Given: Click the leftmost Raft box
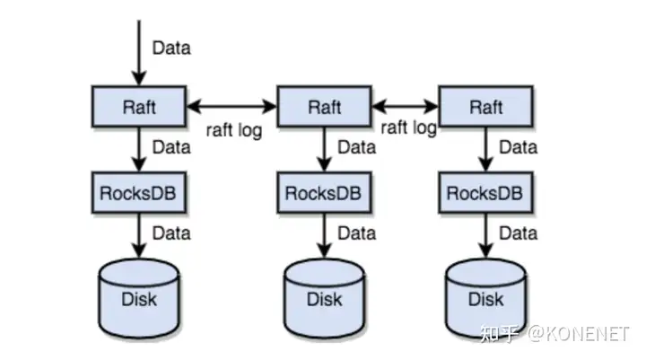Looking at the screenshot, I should (139, 107).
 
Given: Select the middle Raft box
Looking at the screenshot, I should (323, 107).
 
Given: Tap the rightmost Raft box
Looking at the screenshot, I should (485, 107).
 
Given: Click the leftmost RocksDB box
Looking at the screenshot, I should (139, 192).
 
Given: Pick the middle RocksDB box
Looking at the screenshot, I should (323, 192).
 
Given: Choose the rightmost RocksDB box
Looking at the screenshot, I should (485, 192).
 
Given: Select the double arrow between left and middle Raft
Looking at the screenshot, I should (231, 107).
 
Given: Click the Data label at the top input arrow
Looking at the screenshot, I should (171, 47).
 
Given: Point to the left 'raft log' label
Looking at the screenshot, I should (233, 130).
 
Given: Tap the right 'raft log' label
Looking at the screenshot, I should (408, 127).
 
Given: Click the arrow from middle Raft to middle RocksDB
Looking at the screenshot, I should (323, 149).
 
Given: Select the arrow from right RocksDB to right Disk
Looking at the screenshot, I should (485, 236).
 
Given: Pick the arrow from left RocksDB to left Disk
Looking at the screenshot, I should (139, 236).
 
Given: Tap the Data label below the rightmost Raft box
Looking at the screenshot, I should (518, 146).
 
